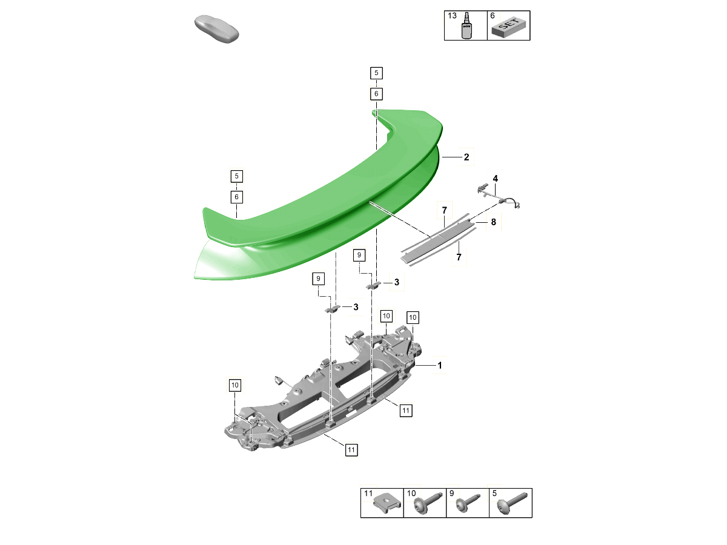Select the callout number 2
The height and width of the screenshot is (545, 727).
point(466,157)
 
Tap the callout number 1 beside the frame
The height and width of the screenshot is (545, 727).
point(440,365)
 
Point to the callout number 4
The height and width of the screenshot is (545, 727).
point(495,179)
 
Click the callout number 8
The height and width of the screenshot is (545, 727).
point(494,222)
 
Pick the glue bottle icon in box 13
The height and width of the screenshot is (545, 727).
point(466,26)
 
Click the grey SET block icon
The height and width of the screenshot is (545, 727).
point(509,27)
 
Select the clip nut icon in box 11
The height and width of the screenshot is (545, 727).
point(387,504)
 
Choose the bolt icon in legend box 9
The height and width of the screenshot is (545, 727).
point(468,504)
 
